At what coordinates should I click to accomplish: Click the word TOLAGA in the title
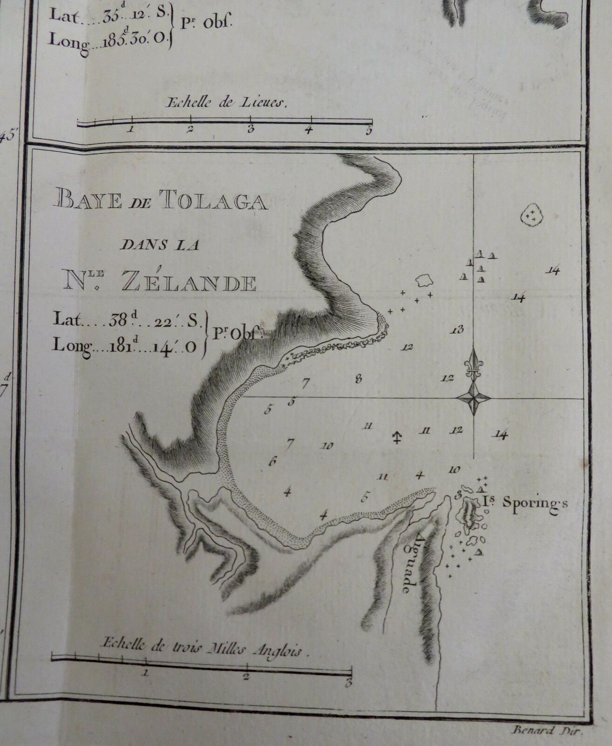click(213, 201)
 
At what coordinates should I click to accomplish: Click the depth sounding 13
click(457, 330)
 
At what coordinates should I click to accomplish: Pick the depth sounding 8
click(358, 379)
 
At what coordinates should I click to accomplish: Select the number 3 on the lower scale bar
click(347, 684)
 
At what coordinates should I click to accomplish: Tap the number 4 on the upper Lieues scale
click(308, 130)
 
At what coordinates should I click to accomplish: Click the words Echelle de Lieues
click(226, 104)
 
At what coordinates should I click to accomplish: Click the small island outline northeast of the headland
click(424, 280)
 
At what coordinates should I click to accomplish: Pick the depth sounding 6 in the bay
click(273, 462)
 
